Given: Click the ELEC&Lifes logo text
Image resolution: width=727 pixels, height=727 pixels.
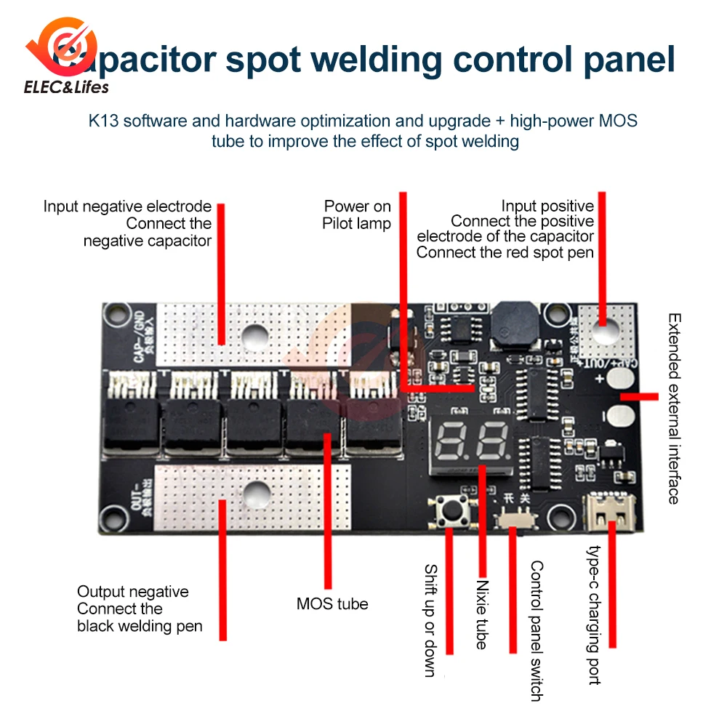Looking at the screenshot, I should tap(66, 87).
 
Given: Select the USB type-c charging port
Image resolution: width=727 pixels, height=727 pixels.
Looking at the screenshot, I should tap(609, 511).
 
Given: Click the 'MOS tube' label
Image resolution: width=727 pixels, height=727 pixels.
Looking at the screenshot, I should tap(332, 603).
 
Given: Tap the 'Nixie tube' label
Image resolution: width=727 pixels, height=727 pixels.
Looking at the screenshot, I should tap(481, 614).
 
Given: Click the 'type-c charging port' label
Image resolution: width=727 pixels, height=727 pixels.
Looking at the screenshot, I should tap(595, 615).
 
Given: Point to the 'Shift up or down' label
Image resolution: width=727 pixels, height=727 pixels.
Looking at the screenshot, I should tap(430, 621).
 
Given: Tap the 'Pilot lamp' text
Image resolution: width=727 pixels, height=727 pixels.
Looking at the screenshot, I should tap(356, 224).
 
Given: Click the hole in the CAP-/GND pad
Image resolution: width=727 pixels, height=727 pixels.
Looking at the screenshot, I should tap(255, 335).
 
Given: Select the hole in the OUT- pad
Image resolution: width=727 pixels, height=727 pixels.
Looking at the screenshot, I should tap(255, 495).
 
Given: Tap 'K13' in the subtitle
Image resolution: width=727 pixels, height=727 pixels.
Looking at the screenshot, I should tap(103, 121).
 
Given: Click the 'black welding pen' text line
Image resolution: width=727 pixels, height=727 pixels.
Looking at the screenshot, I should tap(140, 626).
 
